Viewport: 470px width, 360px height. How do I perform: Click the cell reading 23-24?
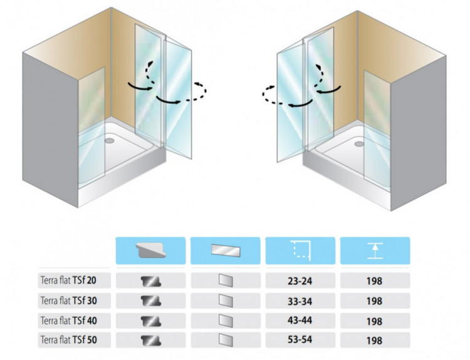[x=300, y=281]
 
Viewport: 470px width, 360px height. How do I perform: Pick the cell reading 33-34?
[x=300, y=301]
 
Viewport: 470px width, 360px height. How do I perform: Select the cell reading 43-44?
[x=300, y=321]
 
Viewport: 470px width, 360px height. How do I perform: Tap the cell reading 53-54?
[x=300, y=341]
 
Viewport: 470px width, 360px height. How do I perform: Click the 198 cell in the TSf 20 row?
[x=375, y=281]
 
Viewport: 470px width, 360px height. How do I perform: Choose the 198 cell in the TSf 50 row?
[x=375, y=341]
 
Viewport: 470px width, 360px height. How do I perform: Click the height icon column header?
[x=375, y=250]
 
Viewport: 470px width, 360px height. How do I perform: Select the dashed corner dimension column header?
[x=300, y=250]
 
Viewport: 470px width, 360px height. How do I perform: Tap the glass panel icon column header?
[x=225, y=250]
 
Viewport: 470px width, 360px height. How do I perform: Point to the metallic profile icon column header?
[x=150, y=250]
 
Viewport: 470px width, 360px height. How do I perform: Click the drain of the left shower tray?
[x=111, y=140]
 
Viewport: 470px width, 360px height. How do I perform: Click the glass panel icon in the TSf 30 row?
[x=225, y=301]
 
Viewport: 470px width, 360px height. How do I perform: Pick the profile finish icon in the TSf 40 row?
[x=150, y=321]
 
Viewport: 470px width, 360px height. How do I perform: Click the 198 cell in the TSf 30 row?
[x=375, y=301]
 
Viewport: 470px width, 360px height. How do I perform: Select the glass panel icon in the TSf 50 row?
[x=225, y=341]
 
